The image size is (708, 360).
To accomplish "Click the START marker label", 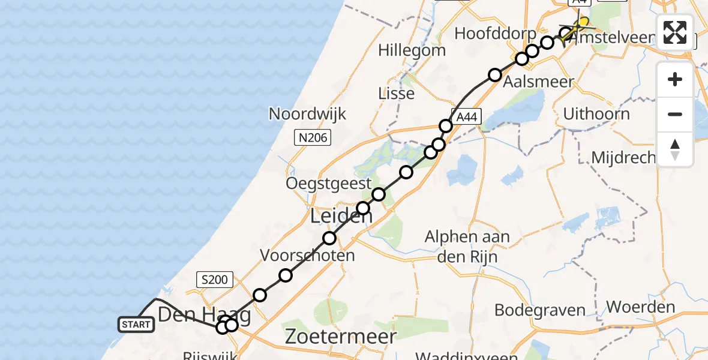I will point(136,325).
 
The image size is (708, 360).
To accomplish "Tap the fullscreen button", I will point(675,32).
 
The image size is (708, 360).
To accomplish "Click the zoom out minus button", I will point(675,115).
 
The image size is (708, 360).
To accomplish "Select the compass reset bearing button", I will point(675,149).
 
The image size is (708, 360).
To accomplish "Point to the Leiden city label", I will point(341,217).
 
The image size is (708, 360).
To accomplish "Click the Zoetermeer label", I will point(341,336).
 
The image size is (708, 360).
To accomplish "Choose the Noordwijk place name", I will point(307,114).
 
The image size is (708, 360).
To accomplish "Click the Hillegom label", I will point(412,50).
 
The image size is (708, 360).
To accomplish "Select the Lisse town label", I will point(397,94).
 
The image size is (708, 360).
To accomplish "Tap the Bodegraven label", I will point(540,310).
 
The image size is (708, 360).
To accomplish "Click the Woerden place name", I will point(641,307).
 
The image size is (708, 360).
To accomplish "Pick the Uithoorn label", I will point(597,114).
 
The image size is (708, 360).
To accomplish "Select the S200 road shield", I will point(214,279).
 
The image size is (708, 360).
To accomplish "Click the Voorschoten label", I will point(307,256).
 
